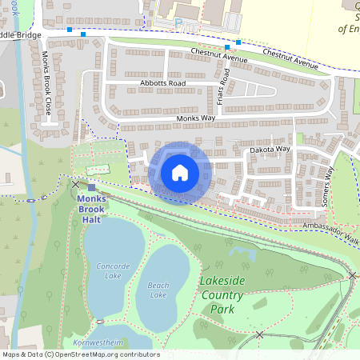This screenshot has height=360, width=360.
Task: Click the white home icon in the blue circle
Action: click(180, 173)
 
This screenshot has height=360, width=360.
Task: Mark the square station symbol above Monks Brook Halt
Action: click(92, 187)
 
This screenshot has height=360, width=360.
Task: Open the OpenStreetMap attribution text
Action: click(80, 354)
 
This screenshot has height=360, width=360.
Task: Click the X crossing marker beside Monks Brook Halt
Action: click(76, 184)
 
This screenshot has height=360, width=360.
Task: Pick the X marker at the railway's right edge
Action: click(352, 275)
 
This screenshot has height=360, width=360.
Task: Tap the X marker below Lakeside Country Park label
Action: click(258, 334)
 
